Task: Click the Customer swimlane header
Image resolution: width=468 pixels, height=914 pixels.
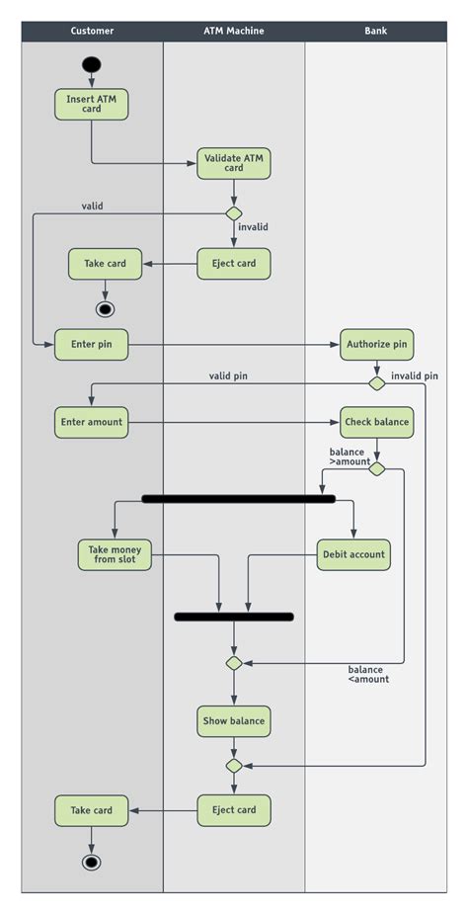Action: coord(92,31)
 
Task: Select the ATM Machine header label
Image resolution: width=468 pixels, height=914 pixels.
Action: coord(234,31)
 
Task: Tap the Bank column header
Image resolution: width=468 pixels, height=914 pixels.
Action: coord(375,31)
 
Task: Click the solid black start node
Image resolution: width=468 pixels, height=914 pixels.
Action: coord(92,64)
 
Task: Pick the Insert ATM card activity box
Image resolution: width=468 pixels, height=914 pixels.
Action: coord(92,105)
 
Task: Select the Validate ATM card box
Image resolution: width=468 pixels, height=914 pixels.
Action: coord(234,163)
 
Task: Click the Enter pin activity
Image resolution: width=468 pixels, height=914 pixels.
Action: coord(92,345)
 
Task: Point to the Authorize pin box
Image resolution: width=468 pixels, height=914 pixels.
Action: coord(377,345)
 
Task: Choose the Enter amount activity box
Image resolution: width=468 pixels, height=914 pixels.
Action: coord(92,422)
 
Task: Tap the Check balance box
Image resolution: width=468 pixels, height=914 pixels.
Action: coord(377,422)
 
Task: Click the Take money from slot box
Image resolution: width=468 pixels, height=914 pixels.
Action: coord(115,554)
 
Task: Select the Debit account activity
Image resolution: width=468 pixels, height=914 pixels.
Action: coord(353,554)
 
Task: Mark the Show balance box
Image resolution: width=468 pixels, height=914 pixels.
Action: coord(234,721)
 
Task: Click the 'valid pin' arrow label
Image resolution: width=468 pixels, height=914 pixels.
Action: coord(228,376)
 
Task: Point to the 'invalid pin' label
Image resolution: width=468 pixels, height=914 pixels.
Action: coord(415,376)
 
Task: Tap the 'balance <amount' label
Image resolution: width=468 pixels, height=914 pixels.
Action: coord(368,675)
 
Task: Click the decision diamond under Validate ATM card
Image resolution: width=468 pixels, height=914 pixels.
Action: coord(234,214)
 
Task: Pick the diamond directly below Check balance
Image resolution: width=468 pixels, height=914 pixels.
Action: coord(377,468)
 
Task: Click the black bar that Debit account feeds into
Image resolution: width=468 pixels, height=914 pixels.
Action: coord(234,617)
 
